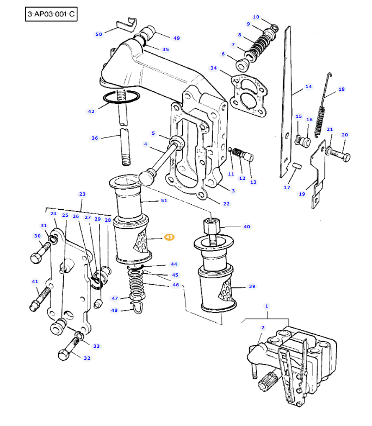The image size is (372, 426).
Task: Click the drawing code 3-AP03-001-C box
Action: point(51,14)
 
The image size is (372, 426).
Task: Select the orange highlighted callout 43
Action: point(169,237)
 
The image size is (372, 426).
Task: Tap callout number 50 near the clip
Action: point(99,34)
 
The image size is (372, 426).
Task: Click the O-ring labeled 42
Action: point(121,97)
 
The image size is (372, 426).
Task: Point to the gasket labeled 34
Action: point(248,96)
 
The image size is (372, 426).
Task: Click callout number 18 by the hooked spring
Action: point(342,89)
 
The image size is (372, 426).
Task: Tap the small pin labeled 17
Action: point(297,165)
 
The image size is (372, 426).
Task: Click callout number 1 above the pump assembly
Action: point(266,306)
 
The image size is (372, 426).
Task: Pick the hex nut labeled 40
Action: point(211,227)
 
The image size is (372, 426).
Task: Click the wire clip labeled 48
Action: point(138,306)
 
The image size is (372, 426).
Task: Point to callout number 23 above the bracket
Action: point(82,194)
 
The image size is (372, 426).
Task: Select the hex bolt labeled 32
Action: point(69,349)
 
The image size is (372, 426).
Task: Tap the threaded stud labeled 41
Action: point(40,299)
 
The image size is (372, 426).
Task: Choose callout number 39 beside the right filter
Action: point(252,286)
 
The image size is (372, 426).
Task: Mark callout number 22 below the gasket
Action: point(226,204)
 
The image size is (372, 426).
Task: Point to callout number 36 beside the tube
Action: point(95,138)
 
